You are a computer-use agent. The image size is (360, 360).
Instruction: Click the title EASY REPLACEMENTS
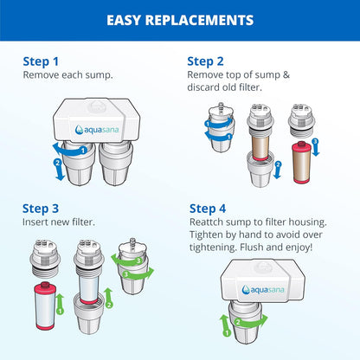click(x=179, y=19)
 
